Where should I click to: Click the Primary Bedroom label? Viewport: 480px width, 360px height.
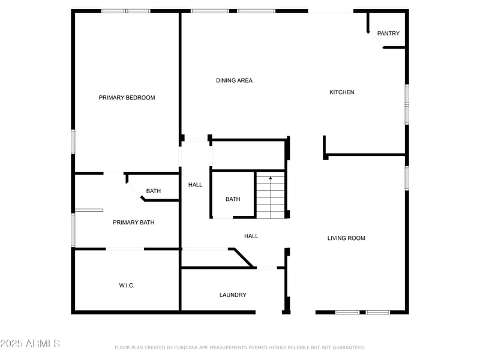[x=127, y=98]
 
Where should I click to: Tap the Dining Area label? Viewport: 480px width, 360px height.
[x=234, y=80]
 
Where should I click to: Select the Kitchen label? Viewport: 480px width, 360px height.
[x=342, y=92]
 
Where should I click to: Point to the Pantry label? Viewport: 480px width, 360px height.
[x=388, y=34]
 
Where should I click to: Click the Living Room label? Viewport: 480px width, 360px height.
[x=346, y=238]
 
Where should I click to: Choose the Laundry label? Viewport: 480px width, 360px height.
[x=233, y=295]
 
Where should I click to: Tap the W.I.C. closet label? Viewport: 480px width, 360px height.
[x=127, y=286]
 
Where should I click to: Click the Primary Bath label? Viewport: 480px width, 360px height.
[x=133, y=223]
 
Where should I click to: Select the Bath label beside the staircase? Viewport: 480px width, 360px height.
[x=233, y=199]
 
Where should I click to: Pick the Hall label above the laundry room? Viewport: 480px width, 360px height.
[x=251, y=236]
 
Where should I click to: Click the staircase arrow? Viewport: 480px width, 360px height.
[x=271, y=178]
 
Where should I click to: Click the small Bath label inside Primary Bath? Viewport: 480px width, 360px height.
[x=154, y=191]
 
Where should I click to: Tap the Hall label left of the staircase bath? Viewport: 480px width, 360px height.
[x=196, y=185]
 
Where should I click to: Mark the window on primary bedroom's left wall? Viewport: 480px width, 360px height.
[x=73, y=142]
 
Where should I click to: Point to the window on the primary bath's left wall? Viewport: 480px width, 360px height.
[x=73, y=230]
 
